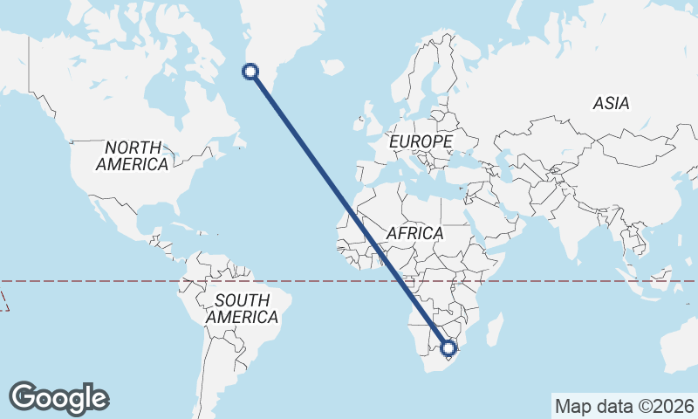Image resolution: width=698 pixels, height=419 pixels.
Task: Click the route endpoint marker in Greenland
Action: [251, 72]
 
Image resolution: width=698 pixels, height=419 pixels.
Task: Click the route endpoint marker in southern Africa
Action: [448, 348]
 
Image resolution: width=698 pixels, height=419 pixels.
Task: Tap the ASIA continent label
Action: [611, 103]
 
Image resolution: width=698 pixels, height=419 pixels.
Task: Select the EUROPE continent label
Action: [421, 141]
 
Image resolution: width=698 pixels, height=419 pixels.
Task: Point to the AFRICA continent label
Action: [414, 234]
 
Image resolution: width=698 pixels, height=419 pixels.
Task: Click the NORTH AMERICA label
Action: [132, 155]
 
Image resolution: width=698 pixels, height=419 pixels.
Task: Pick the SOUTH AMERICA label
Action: [242, 309]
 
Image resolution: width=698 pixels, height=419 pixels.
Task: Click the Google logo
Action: [58, 398]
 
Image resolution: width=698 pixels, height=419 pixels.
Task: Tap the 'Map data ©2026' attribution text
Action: [625, 406]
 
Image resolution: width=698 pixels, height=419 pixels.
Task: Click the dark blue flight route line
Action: [349, 209]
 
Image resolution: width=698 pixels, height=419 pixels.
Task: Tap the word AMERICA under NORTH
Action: [132, 164]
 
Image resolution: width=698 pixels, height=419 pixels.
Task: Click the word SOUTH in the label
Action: [242, 300]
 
